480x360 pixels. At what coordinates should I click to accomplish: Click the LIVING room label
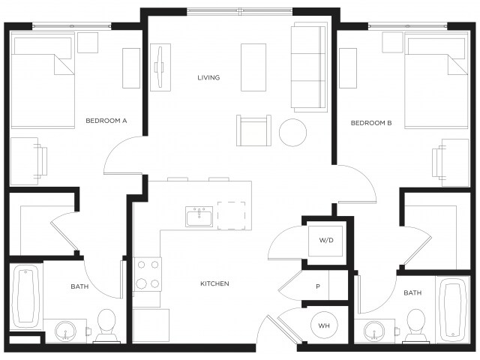point(208,77)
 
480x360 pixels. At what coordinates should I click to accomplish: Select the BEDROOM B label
point(371,123)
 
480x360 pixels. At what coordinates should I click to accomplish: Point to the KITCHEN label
point(214,283)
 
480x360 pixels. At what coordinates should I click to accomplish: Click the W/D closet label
point(326,241)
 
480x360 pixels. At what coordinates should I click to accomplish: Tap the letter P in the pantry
point(318,286)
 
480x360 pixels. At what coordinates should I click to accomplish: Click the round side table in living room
point(293,133)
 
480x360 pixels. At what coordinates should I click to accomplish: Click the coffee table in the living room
point(253,67)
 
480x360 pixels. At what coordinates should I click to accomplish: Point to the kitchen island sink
point(199,217)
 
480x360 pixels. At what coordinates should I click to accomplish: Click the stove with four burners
point(146,274)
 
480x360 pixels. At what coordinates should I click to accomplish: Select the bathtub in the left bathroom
point(25,296)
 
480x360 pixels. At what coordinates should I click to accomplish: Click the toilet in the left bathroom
point(107,324)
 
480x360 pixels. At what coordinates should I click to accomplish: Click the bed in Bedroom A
point(43,82)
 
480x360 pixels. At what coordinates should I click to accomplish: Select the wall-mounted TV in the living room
point(160,67)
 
